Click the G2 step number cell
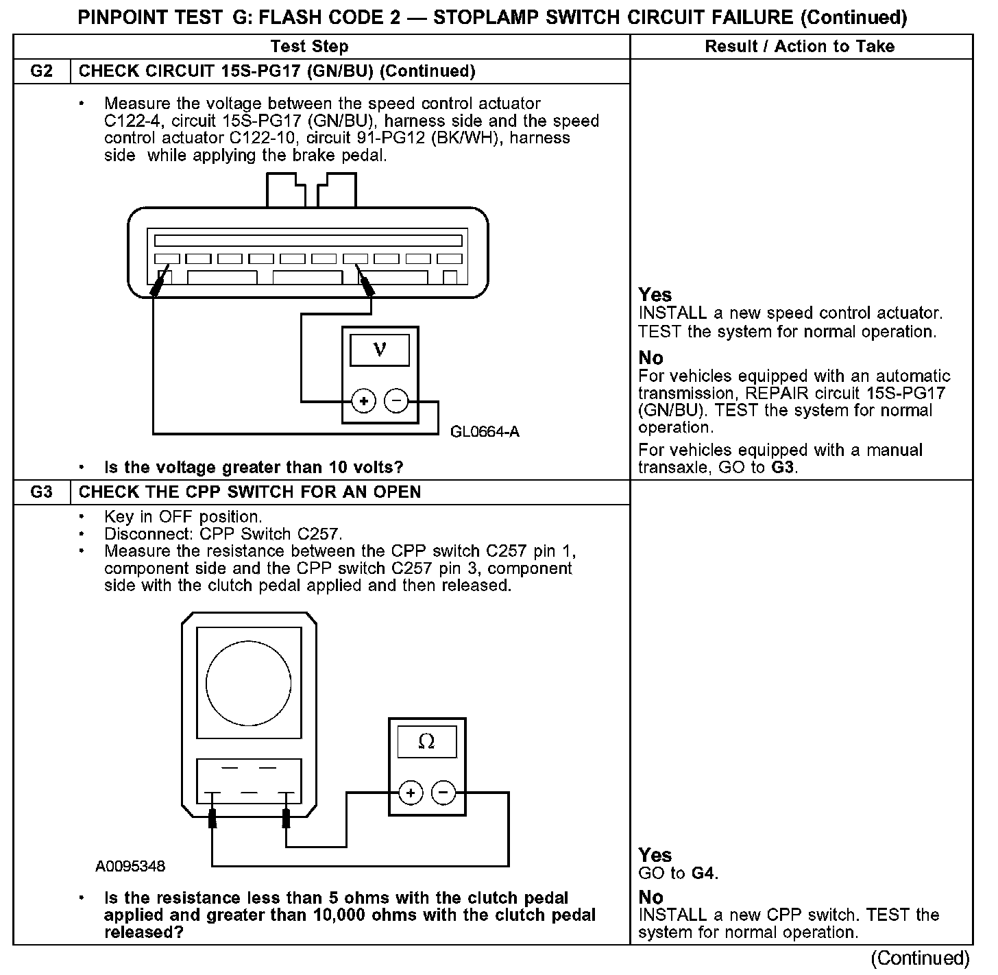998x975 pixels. pos(42,71)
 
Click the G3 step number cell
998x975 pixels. pos(42,492)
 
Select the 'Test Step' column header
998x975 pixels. pos(309,47)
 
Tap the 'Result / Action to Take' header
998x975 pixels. pos(800,47)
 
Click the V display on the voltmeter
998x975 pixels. pos(380,350)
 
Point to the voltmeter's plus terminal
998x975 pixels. pos(364,401)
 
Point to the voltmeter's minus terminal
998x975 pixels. pos(397,401)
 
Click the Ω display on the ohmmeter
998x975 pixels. pos(426,742)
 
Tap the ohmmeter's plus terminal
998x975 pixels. pos(411,793)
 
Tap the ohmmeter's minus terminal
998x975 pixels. pos(443,793)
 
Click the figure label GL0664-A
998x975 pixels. pos(485,431)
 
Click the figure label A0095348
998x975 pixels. pos(130,866)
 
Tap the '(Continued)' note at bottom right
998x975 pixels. pos(920,958)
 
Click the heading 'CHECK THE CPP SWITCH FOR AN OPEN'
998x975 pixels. pos(249,492)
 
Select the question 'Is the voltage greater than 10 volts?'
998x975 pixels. pos(254,468)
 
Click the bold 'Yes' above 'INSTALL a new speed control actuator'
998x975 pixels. pos(655,295)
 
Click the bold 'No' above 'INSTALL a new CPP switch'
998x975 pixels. pos(650,897)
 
